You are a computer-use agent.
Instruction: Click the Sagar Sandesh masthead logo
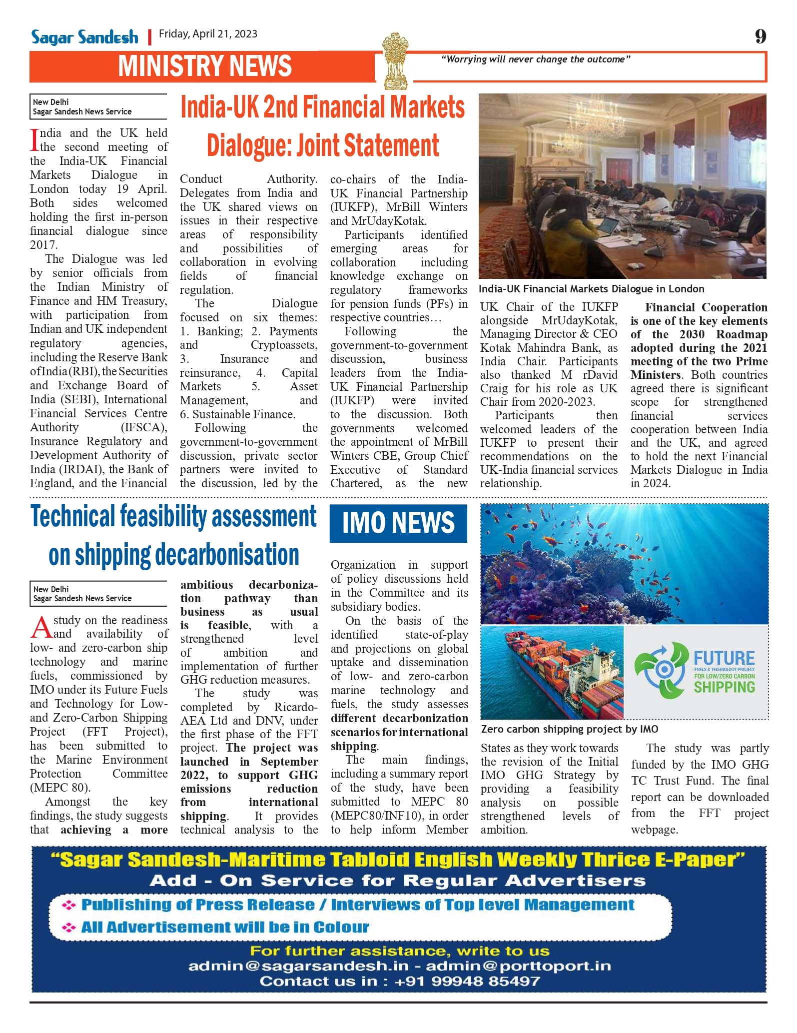tap(84, 37)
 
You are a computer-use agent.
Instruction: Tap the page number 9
tap(760, 36)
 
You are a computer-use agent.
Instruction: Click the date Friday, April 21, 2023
tap(208, 34)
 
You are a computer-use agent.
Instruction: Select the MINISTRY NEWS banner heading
tap(205, 66)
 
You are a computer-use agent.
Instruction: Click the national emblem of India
tap(395, 60)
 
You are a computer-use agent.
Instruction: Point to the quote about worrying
tap(535, 59)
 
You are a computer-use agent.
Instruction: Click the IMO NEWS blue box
tap(398, 523)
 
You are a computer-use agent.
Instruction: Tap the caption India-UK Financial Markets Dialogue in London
tap(591, 289)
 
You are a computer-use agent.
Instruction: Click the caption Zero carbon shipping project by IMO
tap(569, 729)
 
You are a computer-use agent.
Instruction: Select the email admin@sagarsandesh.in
tap(298, 966)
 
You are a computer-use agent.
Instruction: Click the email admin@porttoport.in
tap(518, 966)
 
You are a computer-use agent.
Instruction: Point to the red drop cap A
tap(41, 627)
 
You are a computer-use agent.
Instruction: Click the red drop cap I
tap(34, 140)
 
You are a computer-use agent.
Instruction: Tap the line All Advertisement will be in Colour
tap(225, 928)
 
